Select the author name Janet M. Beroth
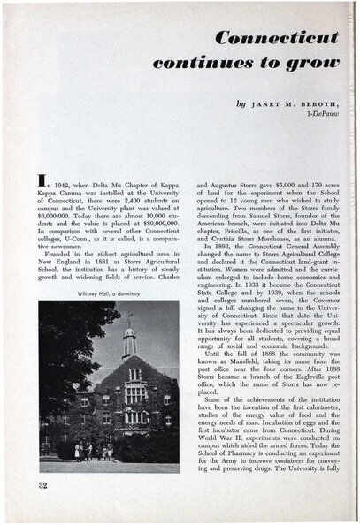click(x=288, y=103)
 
